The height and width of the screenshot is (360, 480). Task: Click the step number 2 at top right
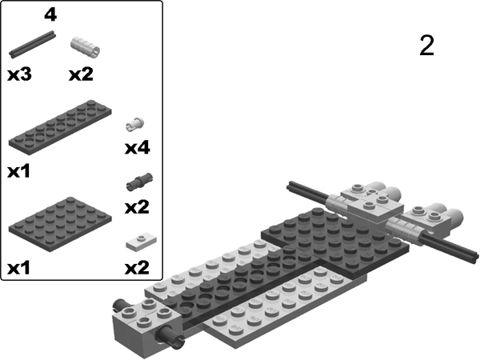pos(426,46)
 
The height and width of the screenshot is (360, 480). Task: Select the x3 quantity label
pos(19,74)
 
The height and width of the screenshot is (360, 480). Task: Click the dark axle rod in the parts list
pos(33,43)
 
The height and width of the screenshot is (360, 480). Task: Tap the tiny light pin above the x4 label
pos(136,124)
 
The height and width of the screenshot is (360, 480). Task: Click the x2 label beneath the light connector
pos(81,74)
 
